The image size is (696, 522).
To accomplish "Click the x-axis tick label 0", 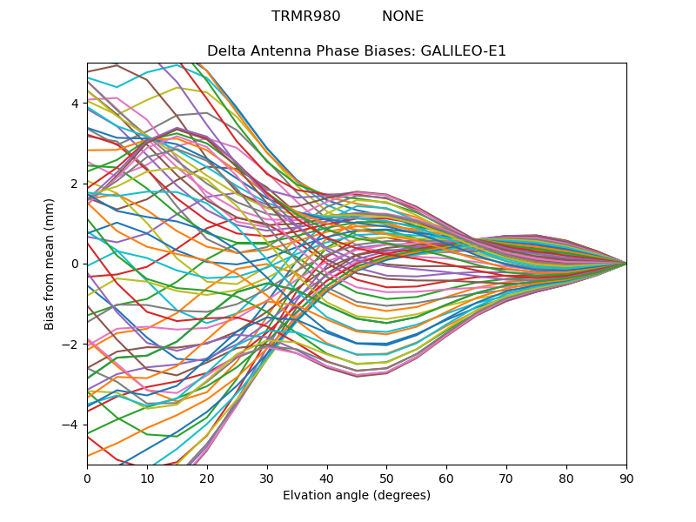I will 87,478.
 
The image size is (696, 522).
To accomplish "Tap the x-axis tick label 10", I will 147,478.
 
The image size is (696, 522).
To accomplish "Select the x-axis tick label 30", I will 267,478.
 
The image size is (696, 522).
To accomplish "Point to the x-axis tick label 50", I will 386,478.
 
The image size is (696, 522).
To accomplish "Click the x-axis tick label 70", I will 506,478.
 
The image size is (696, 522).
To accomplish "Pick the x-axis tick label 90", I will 626,478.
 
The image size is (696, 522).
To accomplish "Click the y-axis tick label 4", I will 76,104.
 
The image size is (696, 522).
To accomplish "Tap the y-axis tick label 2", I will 76,184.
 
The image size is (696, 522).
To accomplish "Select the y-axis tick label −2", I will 72,344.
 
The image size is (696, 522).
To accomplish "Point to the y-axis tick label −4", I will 72,425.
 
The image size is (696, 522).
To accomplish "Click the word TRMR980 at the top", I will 305,17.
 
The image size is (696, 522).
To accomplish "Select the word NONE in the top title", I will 403,17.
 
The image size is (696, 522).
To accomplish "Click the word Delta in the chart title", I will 224,51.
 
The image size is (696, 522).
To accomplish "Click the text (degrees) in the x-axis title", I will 400,495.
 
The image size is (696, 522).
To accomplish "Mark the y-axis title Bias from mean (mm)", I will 50,263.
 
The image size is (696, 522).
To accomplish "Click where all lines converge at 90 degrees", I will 626,264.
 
